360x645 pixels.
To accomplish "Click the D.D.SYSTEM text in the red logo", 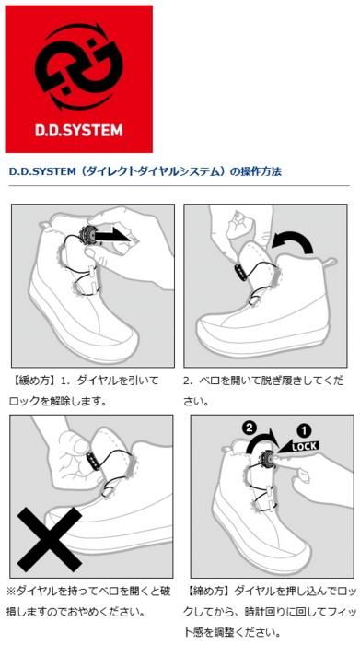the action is pyautogui.click(x=78, y=131).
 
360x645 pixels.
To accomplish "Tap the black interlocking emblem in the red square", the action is pyautogui.click(x=79, y=66).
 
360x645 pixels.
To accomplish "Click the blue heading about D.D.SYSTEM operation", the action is pyautogui.click(x=145, y=171).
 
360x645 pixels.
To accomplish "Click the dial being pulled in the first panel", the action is pyautogui.click(x=89, y=235).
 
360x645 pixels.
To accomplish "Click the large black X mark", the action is pyautogui.click(x=51, y=538).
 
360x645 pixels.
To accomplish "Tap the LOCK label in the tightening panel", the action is pyautogui.click(x=304, y=446).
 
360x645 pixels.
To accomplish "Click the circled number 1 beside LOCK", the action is pyautogui.click(x=304, y=430).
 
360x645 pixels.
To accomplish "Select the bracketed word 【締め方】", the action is pyautogui.click(x=208, y=591).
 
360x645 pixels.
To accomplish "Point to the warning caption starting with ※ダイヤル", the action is pyautogui.click(x=88, y=601).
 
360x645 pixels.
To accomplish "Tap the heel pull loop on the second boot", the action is pyautogui.click(x=330, y=262).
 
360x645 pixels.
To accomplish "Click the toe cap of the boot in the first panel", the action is pyautogui.click(x=119, y=342).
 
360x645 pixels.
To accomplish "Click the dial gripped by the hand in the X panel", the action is pyautogui.click(x=92, y=461).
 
